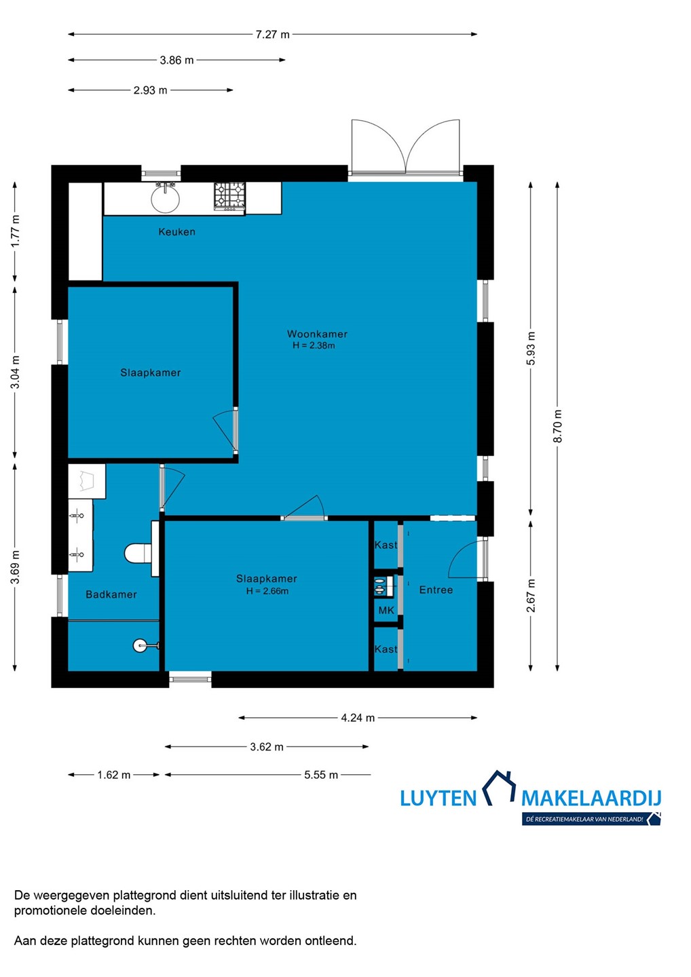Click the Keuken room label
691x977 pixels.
(x=176, y=231)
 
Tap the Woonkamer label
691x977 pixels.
(x=317, y=334)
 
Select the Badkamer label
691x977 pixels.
(x=111, y=594)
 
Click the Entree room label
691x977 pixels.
(x=436, y=590)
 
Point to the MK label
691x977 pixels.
(x=386, y=610)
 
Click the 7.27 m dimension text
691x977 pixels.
(x=273, y=35)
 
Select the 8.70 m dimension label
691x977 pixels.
(x=557, y=426)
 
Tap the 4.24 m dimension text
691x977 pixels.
(x=358, y=718)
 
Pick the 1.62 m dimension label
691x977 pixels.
(x=114, y=775)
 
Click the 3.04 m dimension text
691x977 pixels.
(x=15, y=372)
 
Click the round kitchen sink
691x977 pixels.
(x=165, y=198)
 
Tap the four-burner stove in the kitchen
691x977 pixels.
(x=229, y=196)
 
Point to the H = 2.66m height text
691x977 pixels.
(x=267, y=591)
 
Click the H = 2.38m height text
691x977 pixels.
(x=314, y=345)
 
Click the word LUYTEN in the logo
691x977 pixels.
(x=438, y=798)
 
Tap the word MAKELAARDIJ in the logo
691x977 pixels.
(x=591, y=798)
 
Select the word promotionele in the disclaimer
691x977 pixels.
(x=51, y=911)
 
